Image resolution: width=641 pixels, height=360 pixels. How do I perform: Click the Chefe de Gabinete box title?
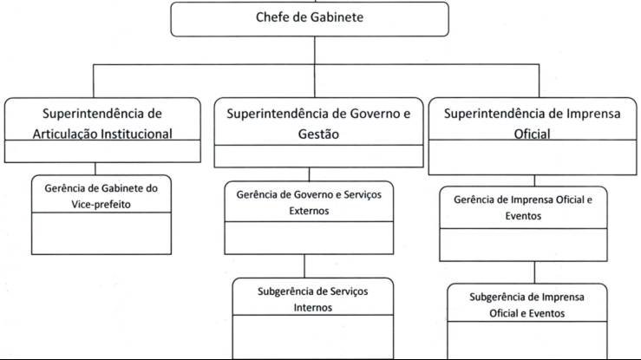pos(310,18)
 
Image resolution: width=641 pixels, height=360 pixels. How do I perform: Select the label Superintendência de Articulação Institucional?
pos(102,122)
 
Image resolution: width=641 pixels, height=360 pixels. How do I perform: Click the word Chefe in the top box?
pos(273,18)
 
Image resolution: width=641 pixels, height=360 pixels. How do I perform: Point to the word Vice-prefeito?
pos(102,204)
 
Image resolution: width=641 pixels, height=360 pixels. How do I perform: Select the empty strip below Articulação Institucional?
pos(102,153)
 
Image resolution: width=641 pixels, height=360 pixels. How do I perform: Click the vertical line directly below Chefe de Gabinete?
pos(310,50)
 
